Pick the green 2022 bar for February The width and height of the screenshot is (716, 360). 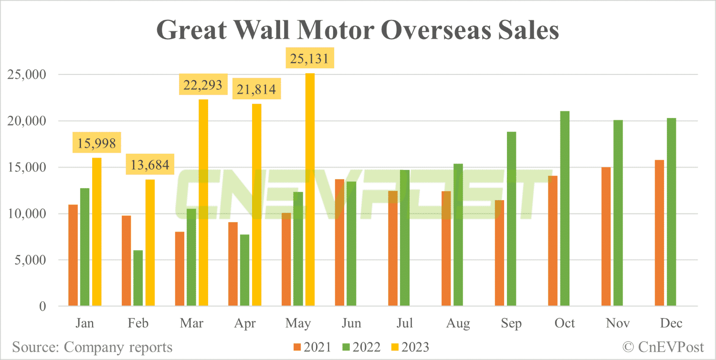pyautogui.click(x=138, y=278)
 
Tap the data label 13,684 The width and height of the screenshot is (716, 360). pyautogui.click(x=150, y=166)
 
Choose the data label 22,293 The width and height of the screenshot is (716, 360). pyautogui.click(x=203, y=85)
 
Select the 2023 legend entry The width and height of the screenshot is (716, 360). pyautogui.click(x=410, y=347)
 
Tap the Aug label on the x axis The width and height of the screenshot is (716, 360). pyautogui.click(x=457, y=324)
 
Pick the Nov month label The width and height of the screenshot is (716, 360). pyautogui.click(x=618, y=324)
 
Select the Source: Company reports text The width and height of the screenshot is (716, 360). pyautogui.click(x=92, y=347)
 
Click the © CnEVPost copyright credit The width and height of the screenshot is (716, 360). pyautogui.click(x=663, y=347)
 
